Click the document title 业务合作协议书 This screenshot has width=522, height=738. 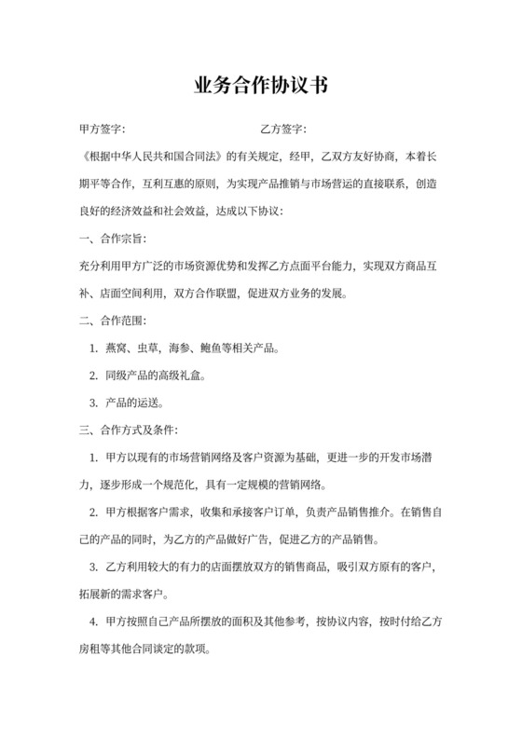(261, 87)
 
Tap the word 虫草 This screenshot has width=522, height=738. (150, 349)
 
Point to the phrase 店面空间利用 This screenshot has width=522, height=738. (132, 293)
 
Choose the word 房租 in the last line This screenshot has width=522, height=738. (93, 649)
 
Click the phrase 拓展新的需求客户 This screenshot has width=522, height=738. (127, 594)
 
